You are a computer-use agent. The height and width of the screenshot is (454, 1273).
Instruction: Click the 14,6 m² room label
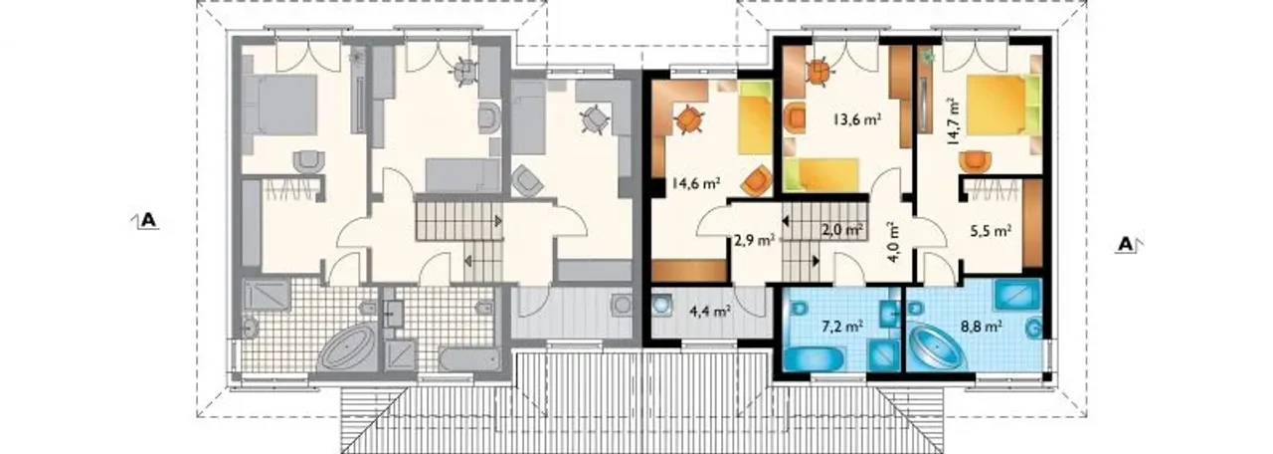[696, 183]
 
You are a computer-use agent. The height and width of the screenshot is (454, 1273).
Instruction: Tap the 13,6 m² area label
[857, 119]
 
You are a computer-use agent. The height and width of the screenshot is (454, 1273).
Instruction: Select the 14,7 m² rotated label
[953, 121]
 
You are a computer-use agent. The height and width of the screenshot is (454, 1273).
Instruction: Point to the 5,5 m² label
[990, 231]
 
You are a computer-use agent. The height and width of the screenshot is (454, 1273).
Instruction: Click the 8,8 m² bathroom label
[981, 327]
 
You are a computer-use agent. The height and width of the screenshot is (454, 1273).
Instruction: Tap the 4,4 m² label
[710, 312]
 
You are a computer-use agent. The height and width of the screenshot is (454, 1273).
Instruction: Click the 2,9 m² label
[754, 240]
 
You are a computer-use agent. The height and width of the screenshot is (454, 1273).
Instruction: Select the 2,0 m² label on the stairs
[842, 229]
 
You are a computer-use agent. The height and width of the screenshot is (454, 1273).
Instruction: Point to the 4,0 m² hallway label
[893, 241]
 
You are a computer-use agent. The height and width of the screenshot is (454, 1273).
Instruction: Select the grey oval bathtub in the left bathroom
[345, 347]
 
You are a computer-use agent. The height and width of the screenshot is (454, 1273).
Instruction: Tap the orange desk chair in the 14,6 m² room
[689, 120]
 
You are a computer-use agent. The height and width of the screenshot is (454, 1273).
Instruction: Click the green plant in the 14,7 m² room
[928, 56]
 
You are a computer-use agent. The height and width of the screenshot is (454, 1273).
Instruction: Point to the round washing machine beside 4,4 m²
[661, 304]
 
